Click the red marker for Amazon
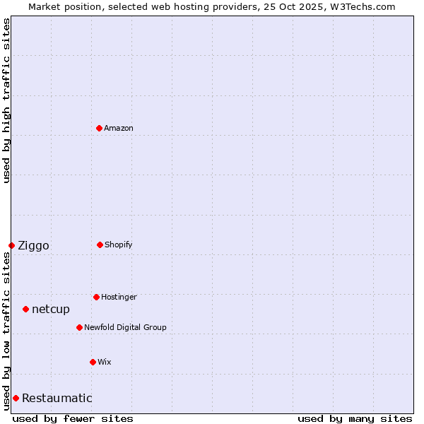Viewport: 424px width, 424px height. (99, 128)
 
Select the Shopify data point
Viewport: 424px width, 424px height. (100, 245)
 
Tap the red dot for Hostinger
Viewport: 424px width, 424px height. (96, 297)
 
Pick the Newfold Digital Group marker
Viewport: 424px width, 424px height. (79, 327)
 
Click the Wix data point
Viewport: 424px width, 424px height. (93, 362)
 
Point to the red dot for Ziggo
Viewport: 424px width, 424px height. (11, 245)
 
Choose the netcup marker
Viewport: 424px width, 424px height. (25, 309)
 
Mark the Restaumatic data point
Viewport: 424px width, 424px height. (16, 398)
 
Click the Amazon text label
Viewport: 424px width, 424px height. (119, 128)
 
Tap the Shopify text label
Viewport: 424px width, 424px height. (119, 245)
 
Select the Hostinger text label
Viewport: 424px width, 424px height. (119, 297)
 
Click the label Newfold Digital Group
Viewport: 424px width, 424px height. (125, 327)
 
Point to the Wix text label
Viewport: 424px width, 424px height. (105, 362)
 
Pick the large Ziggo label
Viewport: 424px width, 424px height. (33, 246)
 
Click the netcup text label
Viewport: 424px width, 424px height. (51, 310)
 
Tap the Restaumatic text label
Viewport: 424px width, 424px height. (57, 399)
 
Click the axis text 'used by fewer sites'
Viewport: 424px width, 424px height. (73, 418)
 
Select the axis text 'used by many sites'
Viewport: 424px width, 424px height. (355, 418)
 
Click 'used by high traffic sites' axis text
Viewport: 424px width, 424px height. (6, 100)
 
